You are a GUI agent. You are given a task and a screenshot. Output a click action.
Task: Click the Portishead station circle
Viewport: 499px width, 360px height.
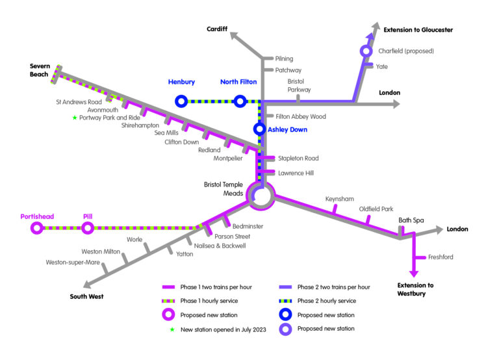pyautogui.click(x=36, y=227)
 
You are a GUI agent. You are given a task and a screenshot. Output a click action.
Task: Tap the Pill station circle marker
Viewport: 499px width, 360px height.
pyautogui.click(x=88, y=227)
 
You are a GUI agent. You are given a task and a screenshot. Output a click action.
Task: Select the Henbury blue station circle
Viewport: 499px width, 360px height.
pyautogui.click(x=181, y=101)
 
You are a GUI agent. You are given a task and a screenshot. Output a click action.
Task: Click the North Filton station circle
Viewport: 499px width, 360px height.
pyautogui.click(x=240, y=101)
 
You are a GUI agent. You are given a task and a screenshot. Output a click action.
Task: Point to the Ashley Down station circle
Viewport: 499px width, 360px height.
pyautogui.click(x=260, y=129)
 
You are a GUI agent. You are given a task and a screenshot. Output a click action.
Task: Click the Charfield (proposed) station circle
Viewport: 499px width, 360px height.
pyautogui.click(x=366, y=51)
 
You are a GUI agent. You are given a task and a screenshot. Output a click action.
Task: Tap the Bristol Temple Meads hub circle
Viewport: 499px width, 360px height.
pyautogui.click(x=261, y=195)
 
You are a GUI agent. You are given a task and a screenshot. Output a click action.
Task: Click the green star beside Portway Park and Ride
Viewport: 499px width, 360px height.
pyautogui.click(x=75, y=118)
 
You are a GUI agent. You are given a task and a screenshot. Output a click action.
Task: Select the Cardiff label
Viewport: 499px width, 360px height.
pyautogui.click(x=218, y=29)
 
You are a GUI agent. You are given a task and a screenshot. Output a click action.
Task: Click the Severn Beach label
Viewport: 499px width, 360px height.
pyautogui.click(x=40, y=70)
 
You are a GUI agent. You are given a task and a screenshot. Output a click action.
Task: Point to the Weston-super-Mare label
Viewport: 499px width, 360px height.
pyautogui.click(x=73, y=263)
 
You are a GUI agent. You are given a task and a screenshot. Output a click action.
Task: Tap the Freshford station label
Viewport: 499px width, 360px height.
pyautogui.click(x=440, y=257)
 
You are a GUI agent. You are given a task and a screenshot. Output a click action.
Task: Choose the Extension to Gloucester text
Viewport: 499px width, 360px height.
pyautogui.click(x=418, y=30)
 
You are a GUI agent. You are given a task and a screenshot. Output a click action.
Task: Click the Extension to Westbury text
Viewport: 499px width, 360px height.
pyautogui.click(x=416, y=289)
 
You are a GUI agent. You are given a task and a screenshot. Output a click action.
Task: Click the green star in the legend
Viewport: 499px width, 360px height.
pyautogui.click(x=172, y=329)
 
